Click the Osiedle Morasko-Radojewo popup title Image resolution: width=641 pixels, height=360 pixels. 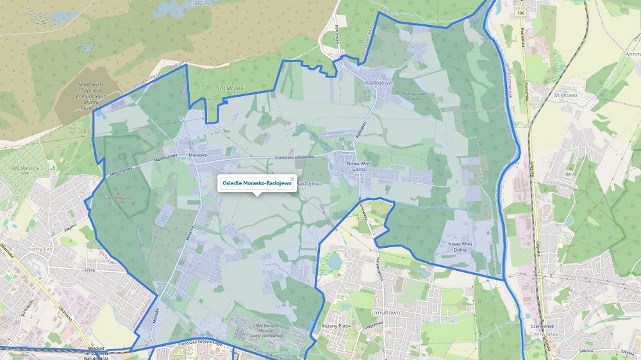[x=256, y=184]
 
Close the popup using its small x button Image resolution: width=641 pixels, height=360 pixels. [x=292, y=179]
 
